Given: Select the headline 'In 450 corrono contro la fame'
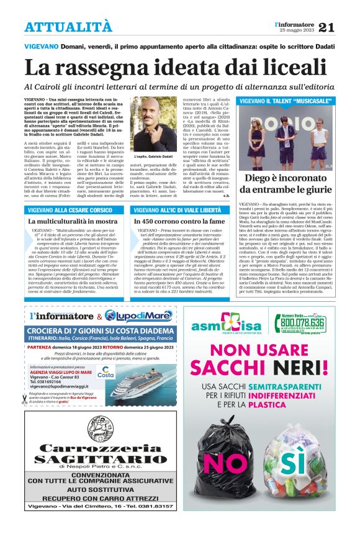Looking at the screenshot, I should pos(180,221).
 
